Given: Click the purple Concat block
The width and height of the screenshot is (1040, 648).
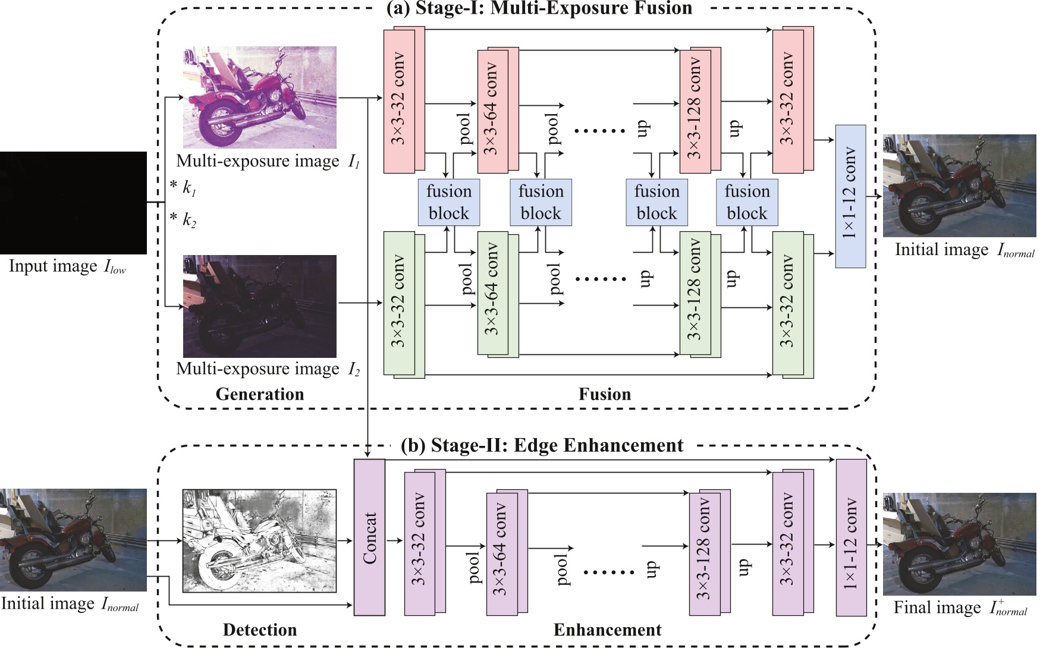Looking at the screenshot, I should pyautogui.click(x=369, y=537).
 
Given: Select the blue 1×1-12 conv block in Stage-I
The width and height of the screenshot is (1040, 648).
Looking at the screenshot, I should pyautogui.click(x=850, y=196).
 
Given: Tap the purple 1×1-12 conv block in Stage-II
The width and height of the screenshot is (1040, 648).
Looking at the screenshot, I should pyautogui.click(x=851, y=538).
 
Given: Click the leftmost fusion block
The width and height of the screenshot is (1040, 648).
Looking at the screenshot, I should pyautogui.click(x=449, y=203).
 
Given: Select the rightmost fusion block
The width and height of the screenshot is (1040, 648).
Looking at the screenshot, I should pyautogui.click(x=747, y=203).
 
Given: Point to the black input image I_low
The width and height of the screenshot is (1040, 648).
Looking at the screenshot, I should pyautogui.click(x=73, y=203).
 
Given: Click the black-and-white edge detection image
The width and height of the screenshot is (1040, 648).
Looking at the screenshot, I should pyautogui.click(x=259, y=540).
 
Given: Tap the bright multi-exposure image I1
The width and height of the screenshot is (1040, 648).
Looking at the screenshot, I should pyautogui.click(x=259, y=97).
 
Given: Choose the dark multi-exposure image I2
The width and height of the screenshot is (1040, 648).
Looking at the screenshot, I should pyautogui.click(x=259, y=306).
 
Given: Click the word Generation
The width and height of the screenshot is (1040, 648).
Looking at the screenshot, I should pyautogui.click(x=260, y=394).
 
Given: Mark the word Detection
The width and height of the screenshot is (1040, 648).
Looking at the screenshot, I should pyautogui.click(x=260, y=630).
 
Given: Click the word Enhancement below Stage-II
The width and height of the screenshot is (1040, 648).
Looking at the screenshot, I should pyautogui.click(x=607, y=630).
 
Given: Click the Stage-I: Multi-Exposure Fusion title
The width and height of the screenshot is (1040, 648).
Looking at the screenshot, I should pyautogui.click(x=539, y=8).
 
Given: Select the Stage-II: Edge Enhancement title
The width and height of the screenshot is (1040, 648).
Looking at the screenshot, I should pyautogui.click(x=542, y=445).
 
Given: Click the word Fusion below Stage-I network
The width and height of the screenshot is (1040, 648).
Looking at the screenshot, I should pyautogui.click(x=605, y=394).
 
